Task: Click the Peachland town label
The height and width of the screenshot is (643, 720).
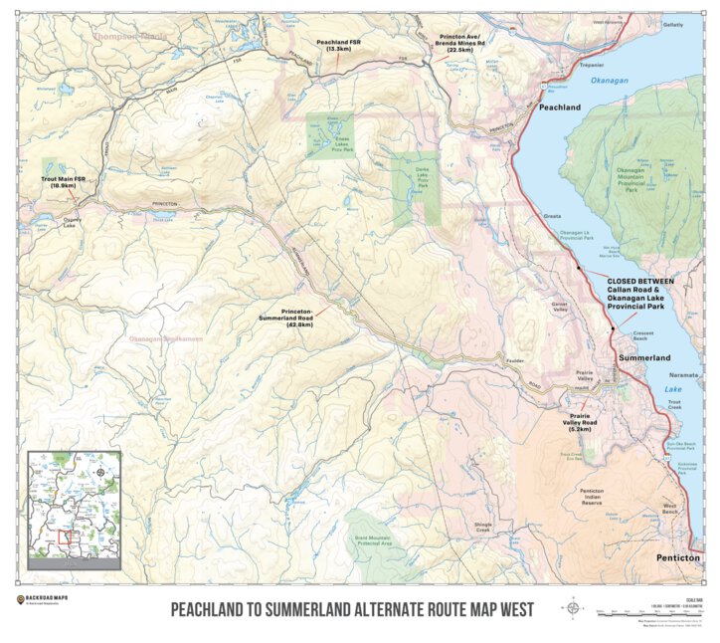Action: pyautogui.click(x=559, y=106)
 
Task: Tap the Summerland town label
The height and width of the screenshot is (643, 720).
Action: pyautogui.click(x=644, y=356)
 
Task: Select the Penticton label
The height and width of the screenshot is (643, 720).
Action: pyautogui.click(x=680, y=559)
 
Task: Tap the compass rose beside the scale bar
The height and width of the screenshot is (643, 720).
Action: pyautogui.click(x=574, y=606)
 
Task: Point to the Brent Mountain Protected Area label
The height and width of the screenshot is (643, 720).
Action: pyautogui.click(x=373, y=542)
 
